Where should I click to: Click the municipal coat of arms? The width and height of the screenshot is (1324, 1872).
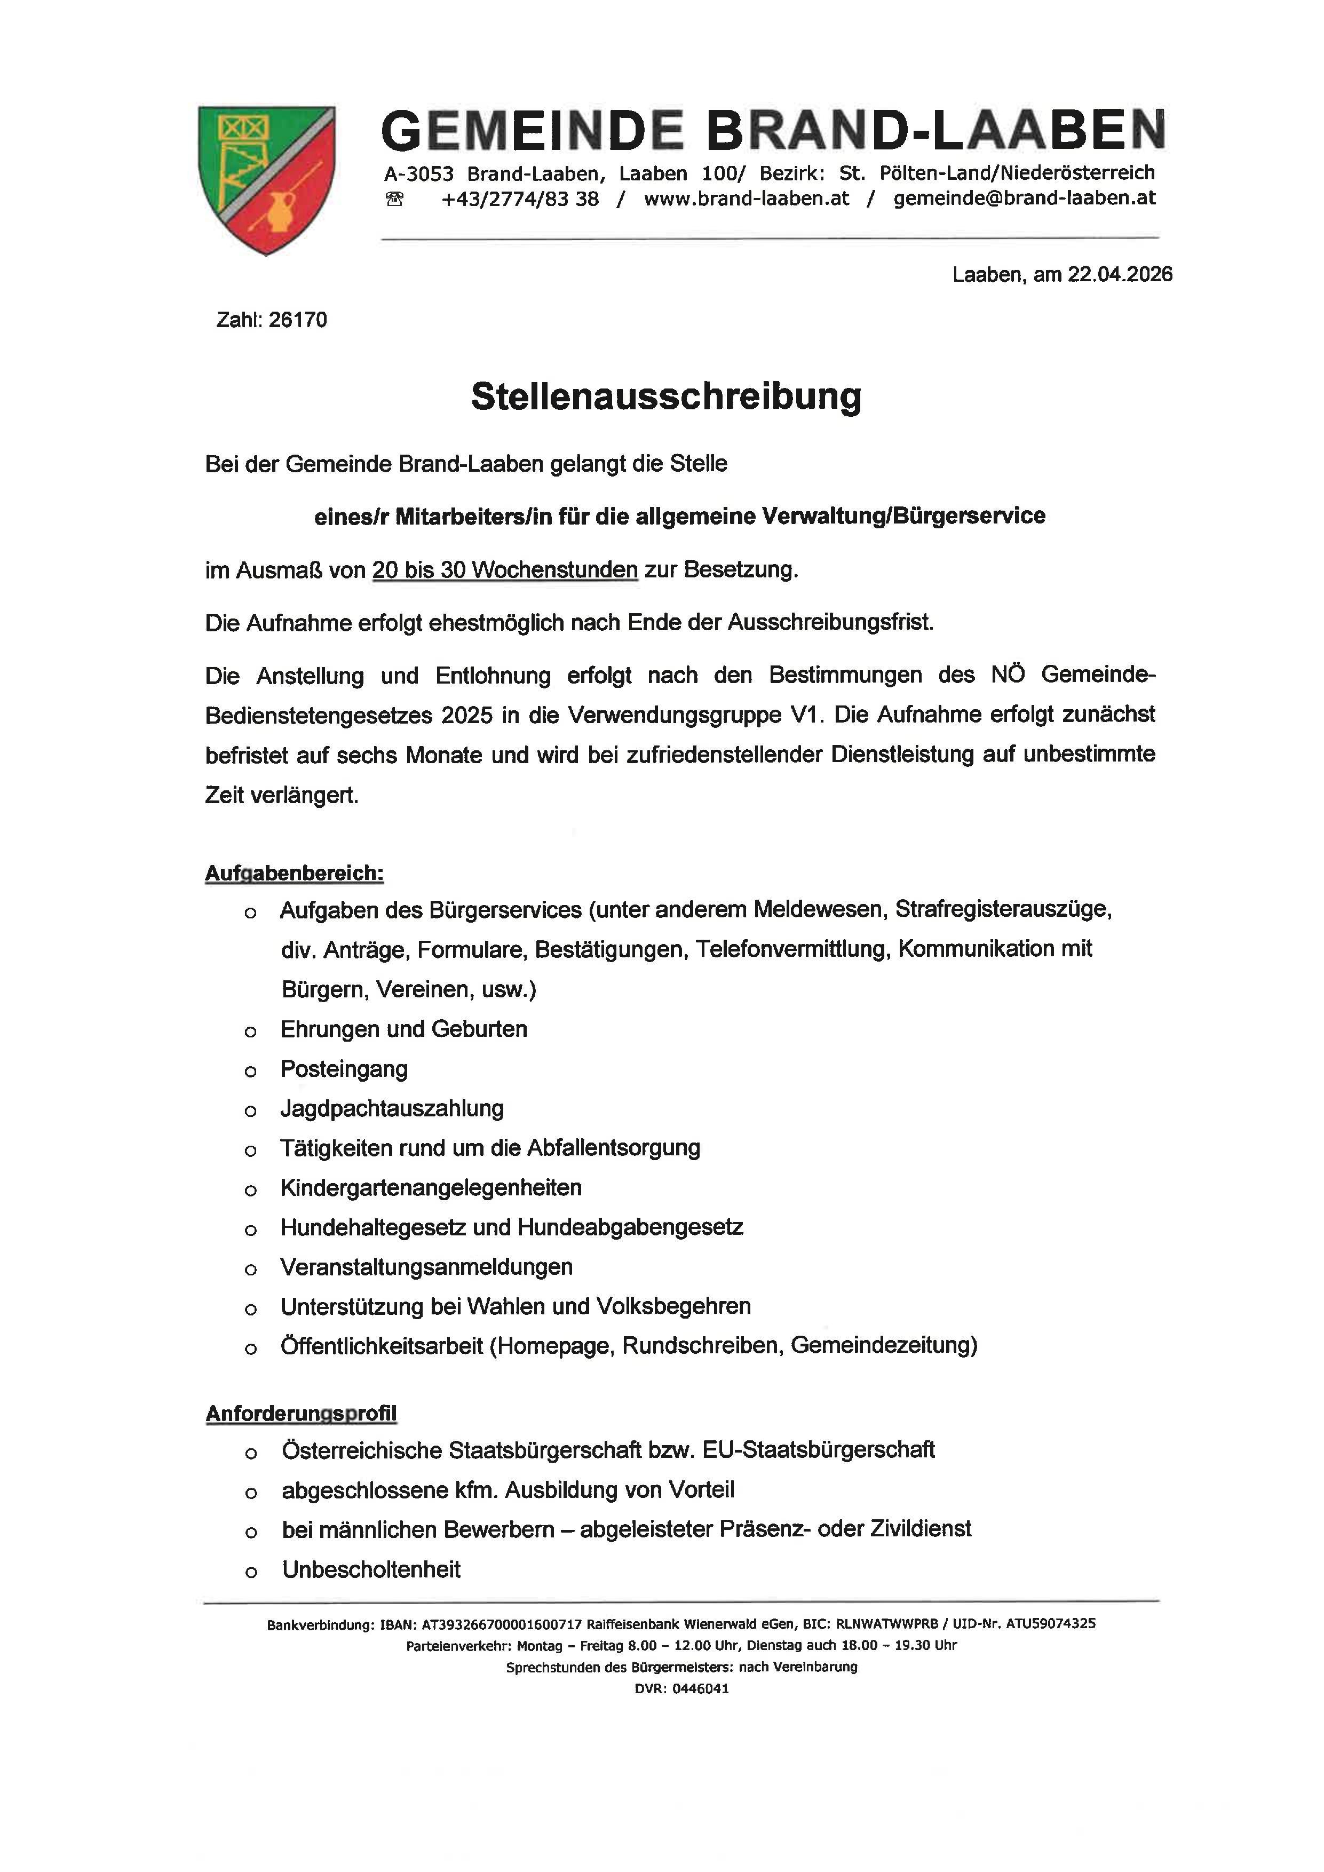(267, 179)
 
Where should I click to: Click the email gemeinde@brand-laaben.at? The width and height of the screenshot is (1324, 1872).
(1024, 198)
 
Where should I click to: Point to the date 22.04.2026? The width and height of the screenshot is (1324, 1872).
(1120, 275)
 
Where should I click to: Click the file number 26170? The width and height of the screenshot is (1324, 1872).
(298, 320)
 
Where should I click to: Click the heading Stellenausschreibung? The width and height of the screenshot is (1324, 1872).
(666, 397)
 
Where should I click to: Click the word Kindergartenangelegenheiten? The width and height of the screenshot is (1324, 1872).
(431, 1188)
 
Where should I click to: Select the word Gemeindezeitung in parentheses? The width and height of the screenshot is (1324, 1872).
(883, 1345)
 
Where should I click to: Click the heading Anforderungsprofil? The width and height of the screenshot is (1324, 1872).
(301, 1414)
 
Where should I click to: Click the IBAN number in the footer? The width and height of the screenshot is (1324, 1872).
(502, 1624)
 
